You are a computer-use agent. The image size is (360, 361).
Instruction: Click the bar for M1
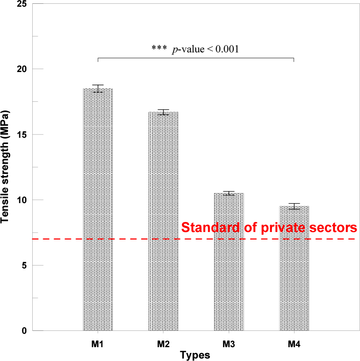coord(98,209)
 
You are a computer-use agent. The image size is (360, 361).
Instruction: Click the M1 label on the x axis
coord(98,344)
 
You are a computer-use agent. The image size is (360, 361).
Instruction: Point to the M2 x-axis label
coord(163,344)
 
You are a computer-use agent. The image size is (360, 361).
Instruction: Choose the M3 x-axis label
coord(228,344)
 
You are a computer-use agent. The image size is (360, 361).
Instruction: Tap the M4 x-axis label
coord(294,344)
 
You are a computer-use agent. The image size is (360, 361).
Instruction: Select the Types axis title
coord(195,355)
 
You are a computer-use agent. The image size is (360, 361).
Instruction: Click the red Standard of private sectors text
coord(269,228)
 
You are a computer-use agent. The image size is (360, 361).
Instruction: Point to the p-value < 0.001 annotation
coord(195,49)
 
